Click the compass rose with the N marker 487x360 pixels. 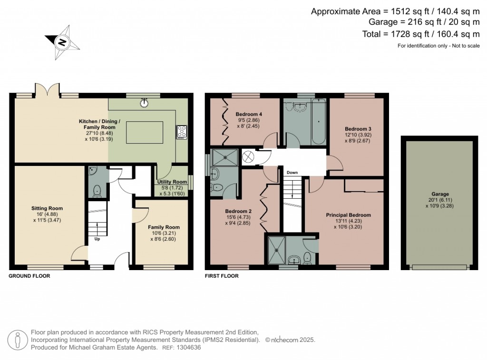[61, 42]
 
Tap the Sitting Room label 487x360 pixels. [47, 208]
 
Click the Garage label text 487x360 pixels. [440, 194]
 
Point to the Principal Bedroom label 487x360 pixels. [348, 215]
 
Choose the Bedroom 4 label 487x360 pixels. [249, 115]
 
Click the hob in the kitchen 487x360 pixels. [181, 132]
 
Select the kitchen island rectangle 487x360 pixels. [145, 132]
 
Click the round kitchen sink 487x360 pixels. [144, 102]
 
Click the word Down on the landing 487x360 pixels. [292, 173]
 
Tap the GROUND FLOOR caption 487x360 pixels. [29, 276]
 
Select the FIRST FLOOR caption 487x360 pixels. [222, 276]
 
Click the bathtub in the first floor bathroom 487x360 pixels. [318, 122]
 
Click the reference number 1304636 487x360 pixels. [189, 348]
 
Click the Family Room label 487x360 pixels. [164, 227]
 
